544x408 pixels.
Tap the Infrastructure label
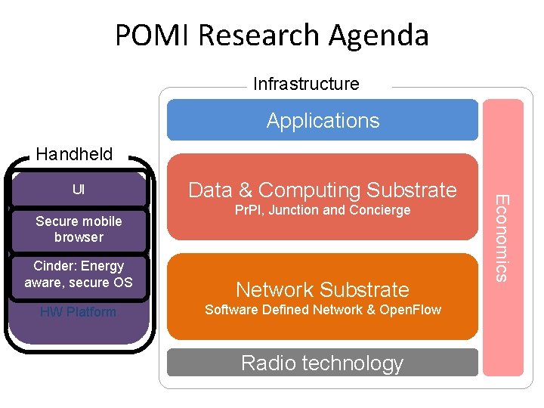pos(306,84)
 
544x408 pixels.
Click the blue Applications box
pos(323,120)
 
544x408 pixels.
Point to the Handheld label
pos(74,154)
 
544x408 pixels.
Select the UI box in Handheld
pos(79,189)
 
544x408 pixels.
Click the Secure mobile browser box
pos(79,229)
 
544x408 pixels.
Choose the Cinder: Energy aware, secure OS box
pos(79,274)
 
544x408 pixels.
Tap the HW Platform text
pos(79,312)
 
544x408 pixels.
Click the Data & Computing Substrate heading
pos(323,190)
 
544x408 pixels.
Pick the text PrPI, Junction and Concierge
pos(323,210)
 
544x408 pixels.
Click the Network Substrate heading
pos(323,289)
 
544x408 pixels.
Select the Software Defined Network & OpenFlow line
pos(323,310)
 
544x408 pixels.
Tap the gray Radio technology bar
pos(323,363)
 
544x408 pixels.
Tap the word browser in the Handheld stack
pos(79,237)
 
